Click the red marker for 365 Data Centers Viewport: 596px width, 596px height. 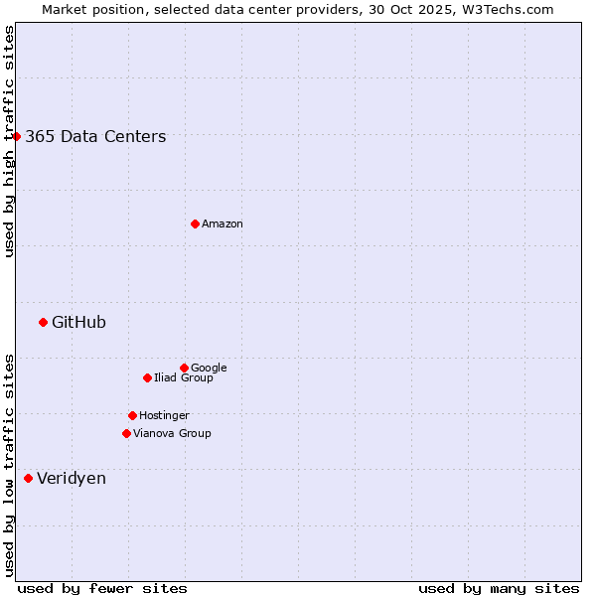(17, 136)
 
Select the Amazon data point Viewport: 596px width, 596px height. (195, 223)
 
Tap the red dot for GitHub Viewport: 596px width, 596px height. (43, 322)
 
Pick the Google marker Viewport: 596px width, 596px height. (184, 368)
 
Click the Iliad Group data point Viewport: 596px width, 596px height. (147, 377)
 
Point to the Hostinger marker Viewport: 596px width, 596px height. (132, 415)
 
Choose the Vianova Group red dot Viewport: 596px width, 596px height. (126, 433)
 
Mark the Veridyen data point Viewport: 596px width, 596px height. (28, 478)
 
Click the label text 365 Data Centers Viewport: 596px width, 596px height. (95, 137)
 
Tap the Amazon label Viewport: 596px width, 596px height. (223, 224)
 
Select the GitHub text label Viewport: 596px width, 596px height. (78, 323)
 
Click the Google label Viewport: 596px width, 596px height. (209, 369)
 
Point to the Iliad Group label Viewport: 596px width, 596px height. (184, 378)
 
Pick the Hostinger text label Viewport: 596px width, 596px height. (164, 416)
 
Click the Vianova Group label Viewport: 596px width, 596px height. (172, 434)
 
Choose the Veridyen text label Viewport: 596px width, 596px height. (72, 479)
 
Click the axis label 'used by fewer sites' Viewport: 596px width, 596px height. (102, 588)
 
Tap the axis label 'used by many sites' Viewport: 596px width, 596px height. (499, 588)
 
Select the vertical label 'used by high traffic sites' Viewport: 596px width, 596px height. (9, 141)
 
